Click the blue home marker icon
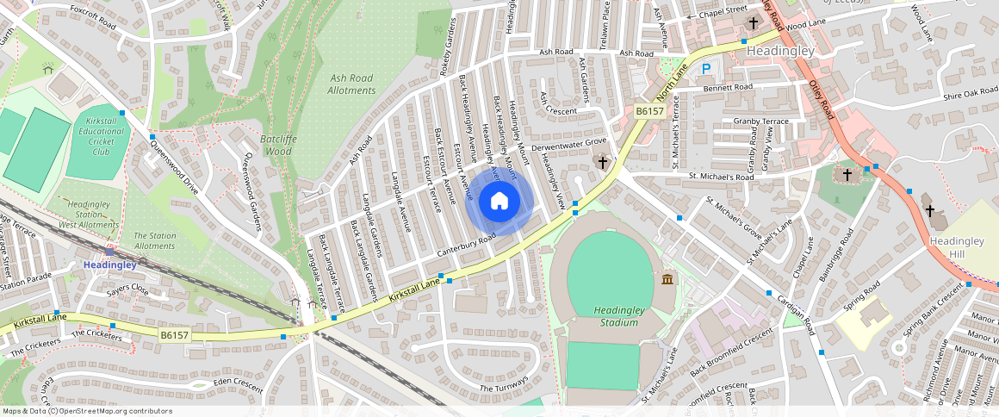click(x=499, y=202)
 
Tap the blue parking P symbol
click(x=707, y=69)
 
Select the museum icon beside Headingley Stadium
click(x=668, y=278)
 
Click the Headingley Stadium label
click(x=616, y=316)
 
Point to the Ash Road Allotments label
click(x=352, y=84)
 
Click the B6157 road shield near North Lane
click(x=649, y=111)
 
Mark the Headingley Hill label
click(x=956, y=247)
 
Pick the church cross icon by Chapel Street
click(x=754, y=22)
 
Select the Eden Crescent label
click(x=226, y=383)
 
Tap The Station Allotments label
click(x=154, y=240)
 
